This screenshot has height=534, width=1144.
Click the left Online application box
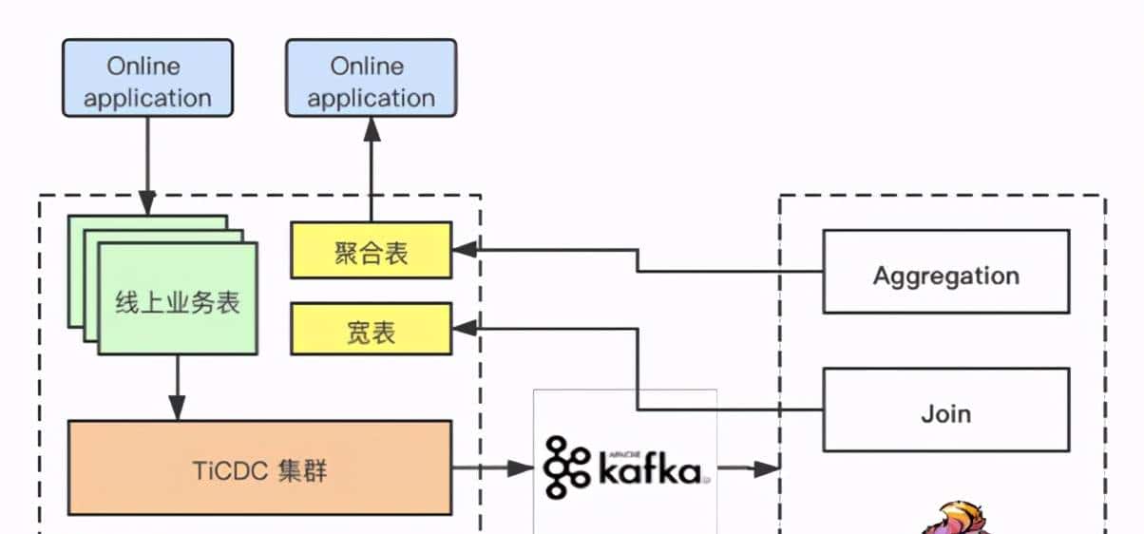[147, 79]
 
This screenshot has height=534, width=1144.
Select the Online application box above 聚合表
[371, 79]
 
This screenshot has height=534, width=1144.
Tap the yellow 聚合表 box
[371, 251]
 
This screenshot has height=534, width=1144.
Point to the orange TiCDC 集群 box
[259, 468]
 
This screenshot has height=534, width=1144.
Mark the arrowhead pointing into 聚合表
[463, 251]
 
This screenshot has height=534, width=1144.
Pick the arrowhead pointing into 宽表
[463, 329]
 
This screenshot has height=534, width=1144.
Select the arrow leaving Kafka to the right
[748, 467]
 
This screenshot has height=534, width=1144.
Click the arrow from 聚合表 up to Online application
[371, 171]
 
